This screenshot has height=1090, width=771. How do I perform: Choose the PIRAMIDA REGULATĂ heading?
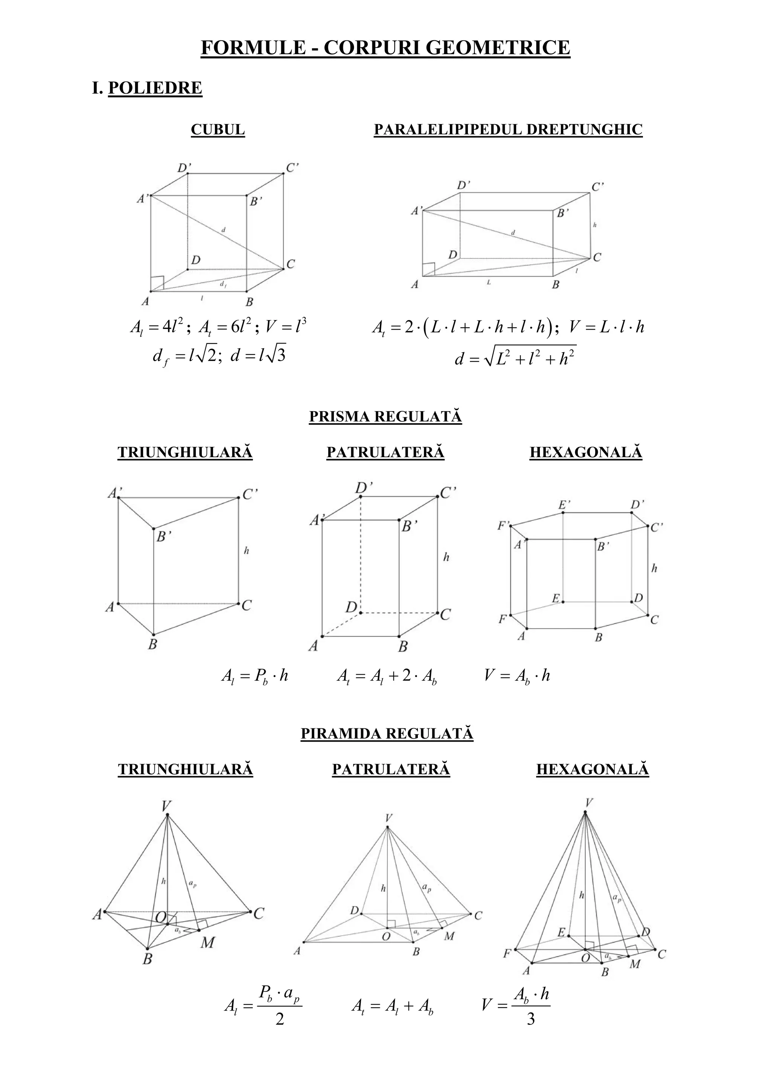387,733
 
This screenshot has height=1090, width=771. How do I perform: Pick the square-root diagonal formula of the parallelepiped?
515,357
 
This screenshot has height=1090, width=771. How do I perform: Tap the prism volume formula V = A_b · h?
517,675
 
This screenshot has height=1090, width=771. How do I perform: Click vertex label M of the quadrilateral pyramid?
449,936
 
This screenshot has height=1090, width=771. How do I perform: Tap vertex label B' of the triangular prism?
163,537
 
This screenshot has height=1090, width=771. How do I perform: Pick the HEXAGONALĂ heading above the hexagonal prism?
586,452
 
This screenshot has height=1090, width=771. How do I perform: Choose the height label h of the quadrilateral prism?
446,557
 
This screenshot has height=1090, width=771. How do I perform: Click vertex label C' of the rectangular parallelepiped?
597,187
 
